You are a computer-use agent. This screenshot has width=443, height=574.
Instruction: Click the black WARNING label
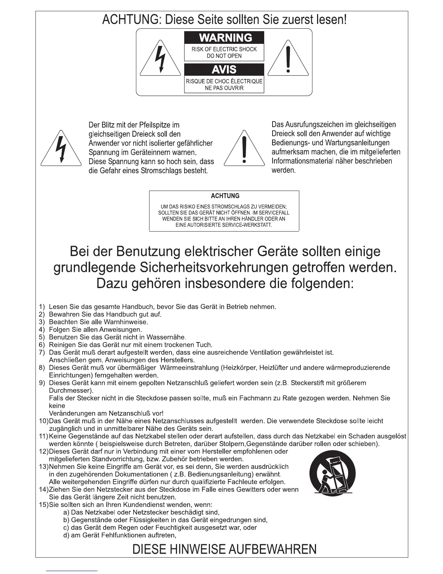(x=224, y=38)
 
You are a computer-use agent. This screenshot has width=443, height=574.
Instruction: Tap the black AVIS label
(x=224, y=69)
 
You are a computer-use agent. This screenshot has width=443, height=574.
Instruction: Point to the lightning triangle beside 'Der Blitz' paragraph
(x=61, y=149)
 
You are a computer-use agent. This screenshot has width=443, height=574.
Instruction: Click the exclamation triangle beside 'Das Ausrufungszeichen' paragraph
(x=245, y=149)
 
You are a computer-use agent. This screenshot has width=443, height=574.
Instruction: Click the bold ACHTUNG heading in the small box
(x=225, y=196)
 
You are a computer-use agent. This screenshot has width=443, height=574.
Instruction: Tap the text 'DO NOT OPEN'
(x=224, y=56)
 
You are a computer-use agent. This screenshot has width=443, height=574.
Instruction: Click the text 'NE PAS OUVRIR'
(x=224, y=88)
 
